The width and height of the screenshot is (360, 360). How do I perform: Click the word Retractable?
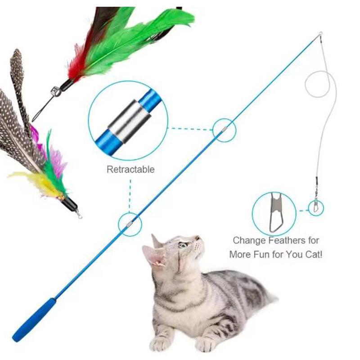click(x=130, y=170)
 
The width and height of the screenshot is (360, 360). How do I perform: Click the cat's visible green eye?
click(x=182, y=245)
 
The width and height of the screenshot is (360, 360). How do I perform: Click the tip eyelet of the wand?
click(x=320, y=34)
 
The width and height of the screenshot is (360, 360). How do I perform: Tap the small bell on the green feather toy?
click(x=56, y=91)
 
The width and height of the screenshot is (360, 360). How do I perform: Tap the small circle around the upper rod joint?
click(x=224, y=130)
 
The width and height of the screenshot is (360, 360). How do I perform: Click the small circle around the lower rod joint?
click(x=130, y=224)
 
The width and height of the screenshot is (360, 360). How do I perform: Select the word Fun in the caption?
click(x=262, y=254)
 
